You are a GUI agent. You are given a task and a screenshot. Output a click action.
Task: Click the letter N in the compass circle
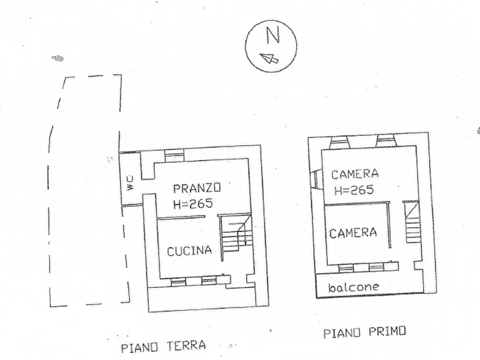(273, 35)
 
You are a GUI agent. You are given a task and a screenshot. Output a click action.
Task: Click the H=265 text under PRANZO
(193, 203)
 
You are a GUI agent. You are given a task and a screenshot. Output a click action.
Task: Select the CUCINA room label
(189, 250)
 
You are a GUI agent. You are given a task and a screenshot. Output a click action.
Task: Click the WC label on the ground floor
(130, 183)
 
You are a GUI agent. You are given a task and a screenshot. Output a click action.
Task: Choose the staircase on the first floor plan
(412, 222)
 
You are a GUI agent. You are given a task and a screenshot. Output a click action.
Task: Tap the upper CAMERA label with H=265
(355, 174)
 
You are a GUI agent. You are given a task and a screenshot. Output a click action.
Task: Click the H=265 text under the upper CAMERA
(354, 190)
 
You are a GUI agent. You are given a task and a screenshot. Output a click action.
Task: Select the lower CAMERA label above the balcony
(353, 233)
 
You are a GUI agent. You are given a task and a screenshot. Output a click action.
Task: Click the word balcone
(353, 287)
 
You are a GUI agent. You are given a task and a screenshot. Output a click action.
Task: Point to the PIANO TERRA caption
(163, 345)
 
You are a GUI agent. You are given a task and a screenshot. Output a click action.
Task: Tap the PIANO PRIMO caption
(365, 332)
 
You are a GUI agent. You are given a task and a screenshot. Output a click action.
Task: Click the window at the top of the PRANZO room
(174, 155)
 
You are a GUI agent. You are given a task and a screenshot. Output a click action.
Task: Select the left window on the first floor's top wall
(340, 142)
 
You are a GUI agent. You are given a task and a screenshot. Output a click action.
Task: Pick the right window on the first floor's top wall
(386, 141)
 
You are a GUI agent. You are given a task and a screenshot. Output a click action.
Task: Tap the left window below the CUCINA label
(178, 280)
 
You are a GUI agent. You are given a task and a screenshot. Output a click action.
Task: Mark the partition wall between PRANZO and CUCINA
(181, 217)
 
